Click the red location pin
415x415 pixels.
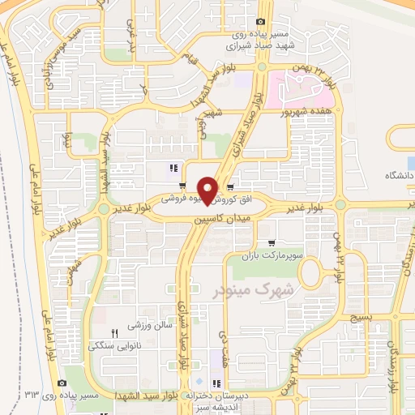tap(208, 190)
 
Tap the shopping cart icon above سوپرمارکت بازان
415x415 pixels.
tap(272, 242)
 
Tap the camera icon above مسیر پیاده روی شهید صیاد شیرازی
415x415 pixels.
tap(259, 22)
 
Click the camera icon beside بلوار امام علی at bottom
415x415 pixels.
tap(62, 383)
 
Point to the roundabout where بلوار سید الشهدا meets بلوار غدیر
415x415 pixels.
tap(104, 209)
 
